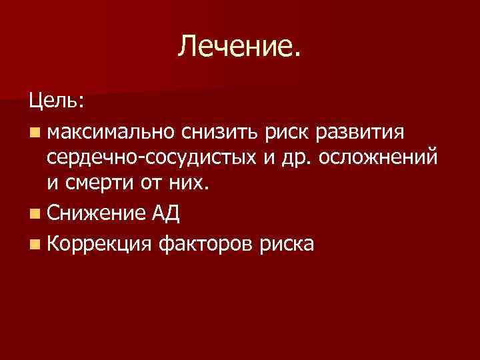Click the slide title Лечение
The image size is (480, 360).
click(240, 47)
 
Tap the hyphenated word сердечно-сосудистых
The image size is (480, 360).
click(153, 159)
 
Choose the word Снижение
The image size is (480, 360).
click(93, 215)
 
